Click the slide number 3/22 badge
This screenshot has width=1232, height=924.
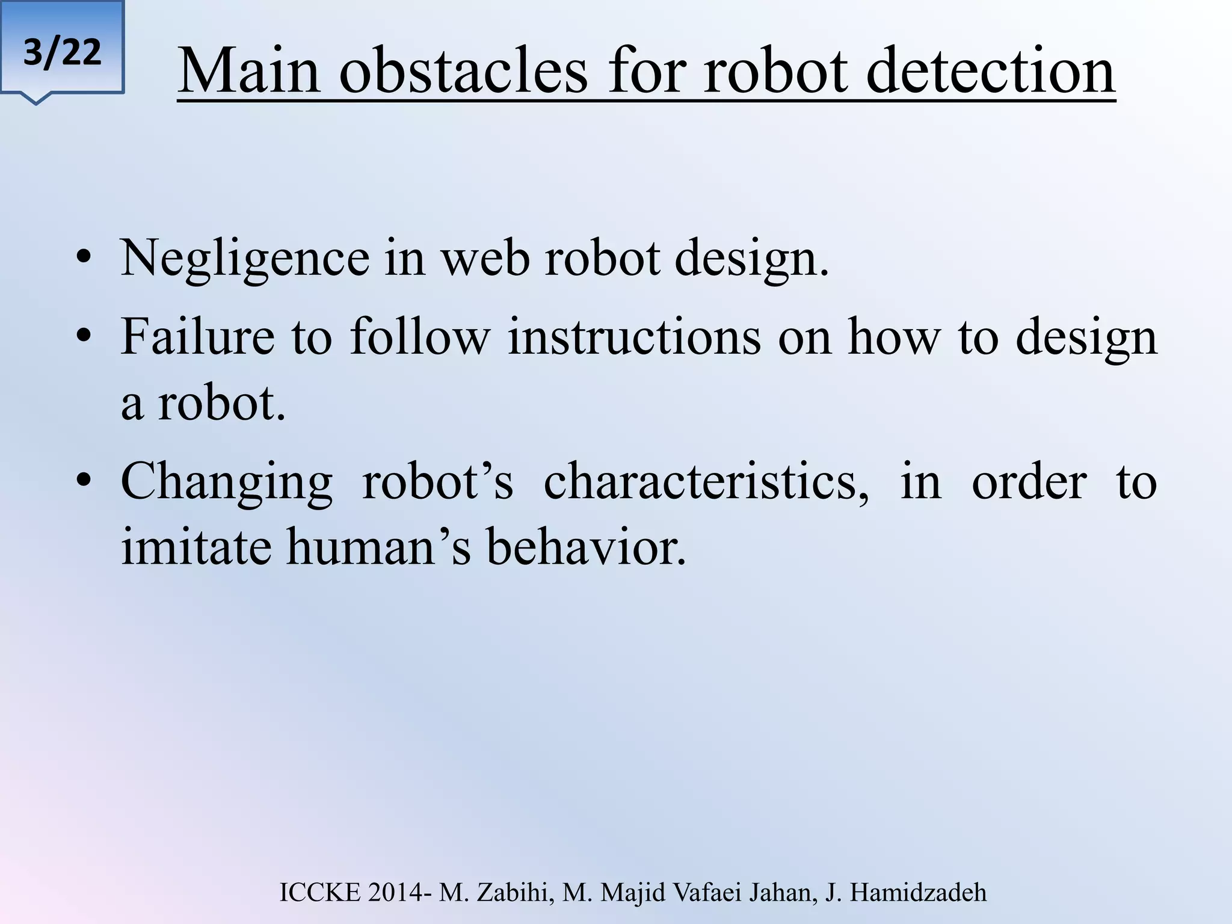pyautogui.click(x=62, y=52)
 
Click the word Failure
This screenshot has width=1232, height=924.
pyautogui.click(x=197, y=337)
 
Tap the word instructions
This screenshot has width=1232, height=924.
pyautogui.click(x=634, y=337)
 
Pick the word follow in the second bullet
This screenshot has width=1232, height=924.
pyautogui.click(x=420, y=337)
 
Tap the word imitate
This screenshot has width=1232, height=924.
pyautogui.click(x=196, y=546)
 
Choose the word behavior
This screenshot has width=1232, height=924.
pyautogui.click(x=585, y=546)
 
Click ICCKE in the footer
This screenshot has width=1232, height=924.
pyautogui.click(x=320, y=893)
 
